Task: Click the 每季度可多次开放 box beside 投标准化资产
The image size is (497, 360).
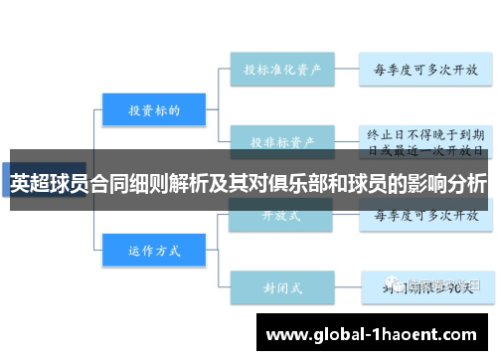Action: click(x=424, y=70)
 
